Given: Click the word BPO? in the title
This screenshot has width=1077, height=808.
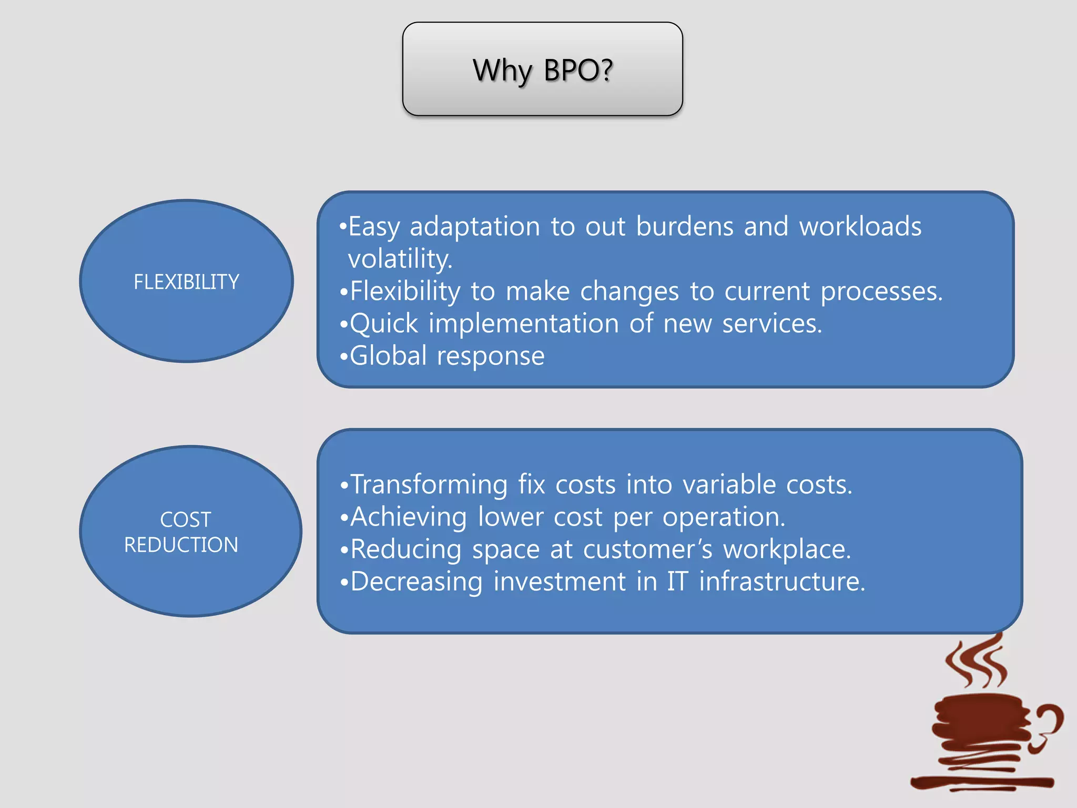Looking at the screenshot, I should (x=578, y=70).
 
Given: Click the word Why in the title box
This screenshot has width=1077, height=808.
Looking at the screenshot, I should (x=502, y=71).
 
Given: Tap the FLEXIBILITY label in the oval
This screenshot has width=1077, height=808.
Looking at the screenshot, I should (x=186, y=282).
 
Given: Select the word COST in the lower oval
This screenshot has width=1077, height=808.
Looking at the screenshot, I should (x=185, y=520).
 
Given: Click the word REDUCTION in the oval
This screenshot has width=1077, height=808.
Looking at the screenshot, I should (x=181, y=545).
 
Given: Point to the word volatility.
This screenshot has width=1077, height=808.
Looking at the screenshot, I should (x=400, y=259).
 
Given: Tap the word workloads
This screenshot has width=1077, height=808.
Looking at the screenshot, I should (x=860, y=226).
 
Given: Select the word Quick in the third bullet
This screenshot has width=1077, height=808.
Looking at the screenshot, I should (x=384, y=324).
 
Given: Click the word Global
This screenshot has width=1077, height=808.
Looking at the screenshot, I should (x=388, y=356).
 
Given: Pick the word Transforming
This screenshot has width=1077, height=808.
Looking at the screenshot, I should (x=429, y=485).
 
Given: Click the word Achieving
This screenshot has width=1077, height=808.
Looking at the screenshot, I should (x=408, y=517).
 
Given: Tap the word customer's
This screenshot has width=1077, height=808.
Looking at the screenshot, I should (x=648, y=550).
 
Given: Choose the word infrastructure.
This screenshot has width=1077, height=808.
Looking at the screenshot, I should (x=781, y=582).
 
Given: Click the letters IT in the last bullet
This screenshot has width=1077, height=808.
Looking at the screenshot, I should (x=677, y=582).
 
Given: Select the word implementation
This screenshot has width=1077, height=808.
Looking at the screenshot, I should (x=524, y=324).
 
